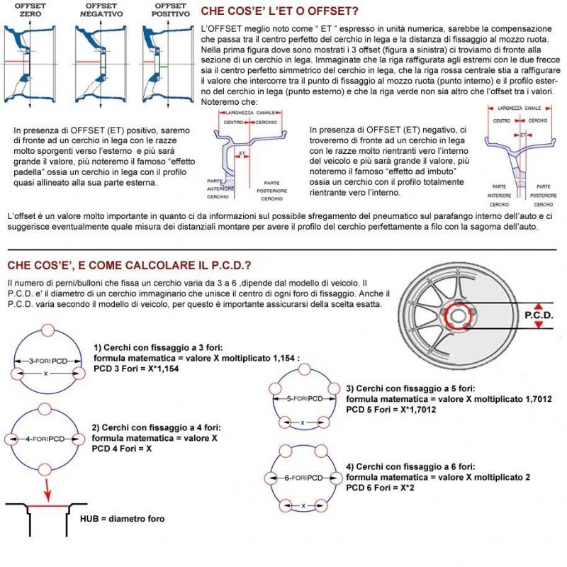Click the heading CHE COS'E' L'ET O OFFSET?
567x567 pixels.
click(x=279, y=11)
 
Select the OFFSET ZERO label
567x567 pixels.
click(x=30, y=9)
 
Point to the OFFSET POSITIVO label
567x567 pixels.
click(x=167, y=9)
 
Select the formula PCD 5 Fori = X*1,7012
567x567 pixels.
click(x=394, y=409)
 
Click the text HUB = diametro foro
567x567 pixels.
click(x=122, y=518)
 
